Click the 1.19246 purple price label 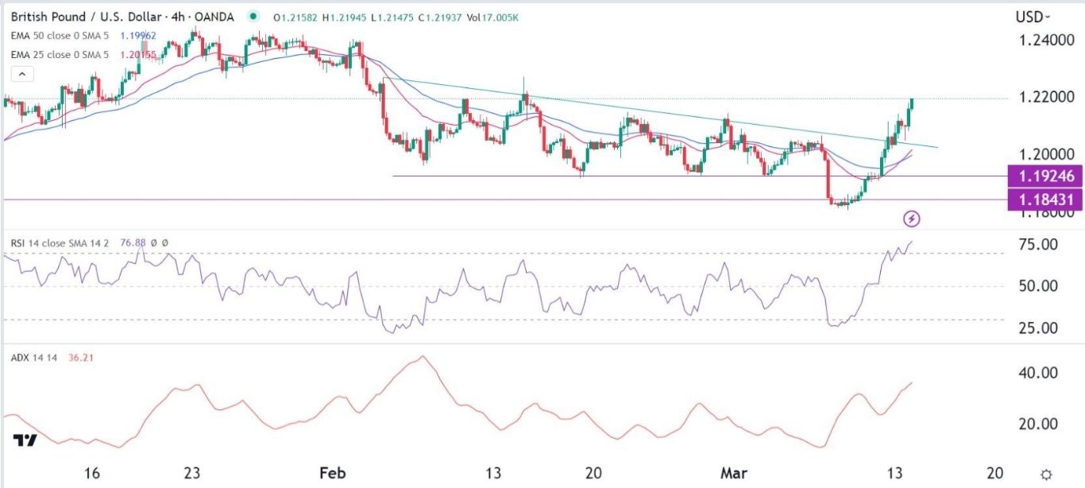click(1043, 176)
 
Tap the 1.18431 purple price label click(1043, 199)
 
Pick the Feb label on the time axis click(332, 473)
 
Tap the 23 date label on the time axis click(191, 473)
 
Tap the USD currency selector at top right click(1033, 17)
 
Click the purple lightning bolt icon click(913, 218)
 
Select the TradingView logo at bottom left click(25, 441)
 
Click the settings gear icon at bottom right click(1048, 473)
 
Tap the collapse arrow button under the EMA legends click(21, 74)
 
